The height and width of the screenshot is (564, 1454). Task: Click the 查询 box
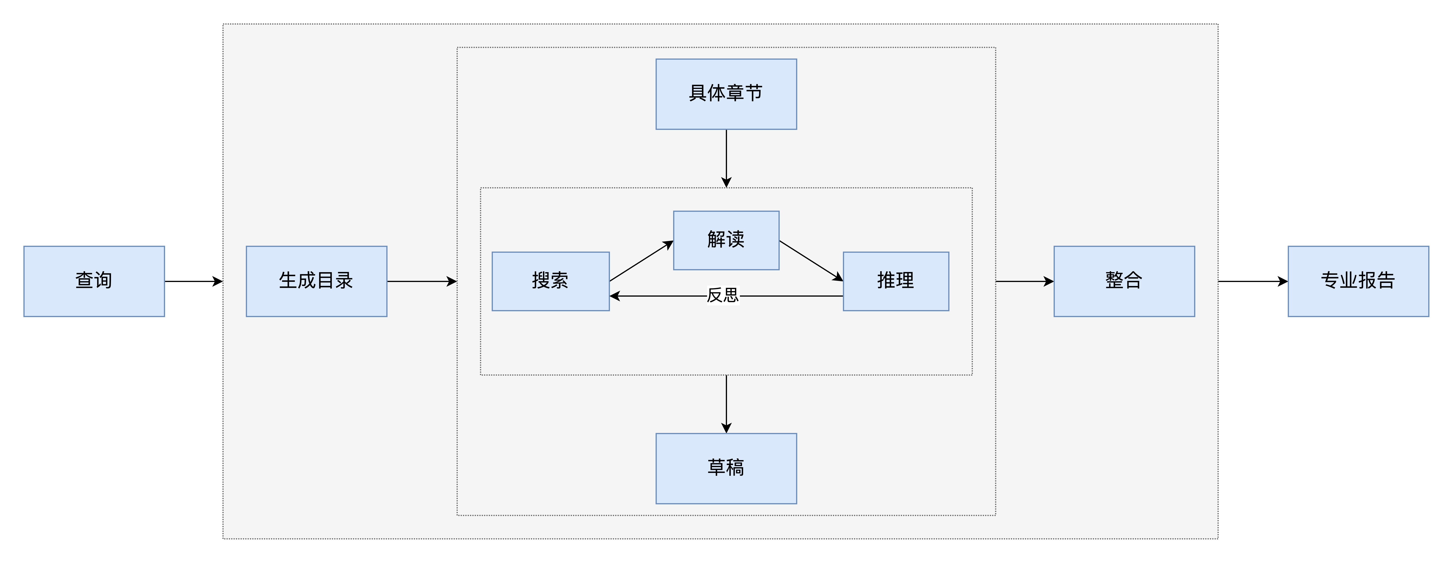tap(94, 281)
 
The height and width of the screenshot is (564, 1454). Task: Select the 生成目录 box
tap(316, 281)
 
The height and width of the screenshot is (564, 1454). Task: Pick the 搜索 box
tap(550, 281)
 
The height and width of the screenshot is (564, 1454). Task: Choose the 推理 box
tap(896, 281)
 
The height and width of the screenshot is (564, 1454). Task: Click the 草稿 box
tap(726, 468)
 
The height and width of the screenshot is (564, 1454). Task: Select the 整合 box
tap(1124, 281)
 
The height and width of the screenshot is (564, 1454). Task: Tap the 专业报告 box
tap(1358, 281)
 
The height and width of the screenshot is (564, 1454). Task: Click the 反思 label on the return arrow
tap(723, 295)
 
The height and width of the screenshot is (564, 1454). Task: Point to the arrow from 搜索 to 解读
tap(641, 261)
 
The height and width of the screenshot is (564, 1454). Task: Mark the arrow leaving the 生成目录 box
tap(422, 281)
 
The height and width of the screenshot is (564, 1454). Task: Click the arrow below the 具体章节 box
tap(727, 158)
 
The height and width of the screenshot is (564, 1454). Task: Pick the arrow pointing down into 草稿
tap(727, 404)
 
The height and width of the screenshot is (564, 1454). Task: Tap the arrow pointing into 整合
tap(1024, 281)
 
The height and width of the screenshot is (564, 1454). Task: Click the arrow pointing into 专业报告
tap(1253, 281)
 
